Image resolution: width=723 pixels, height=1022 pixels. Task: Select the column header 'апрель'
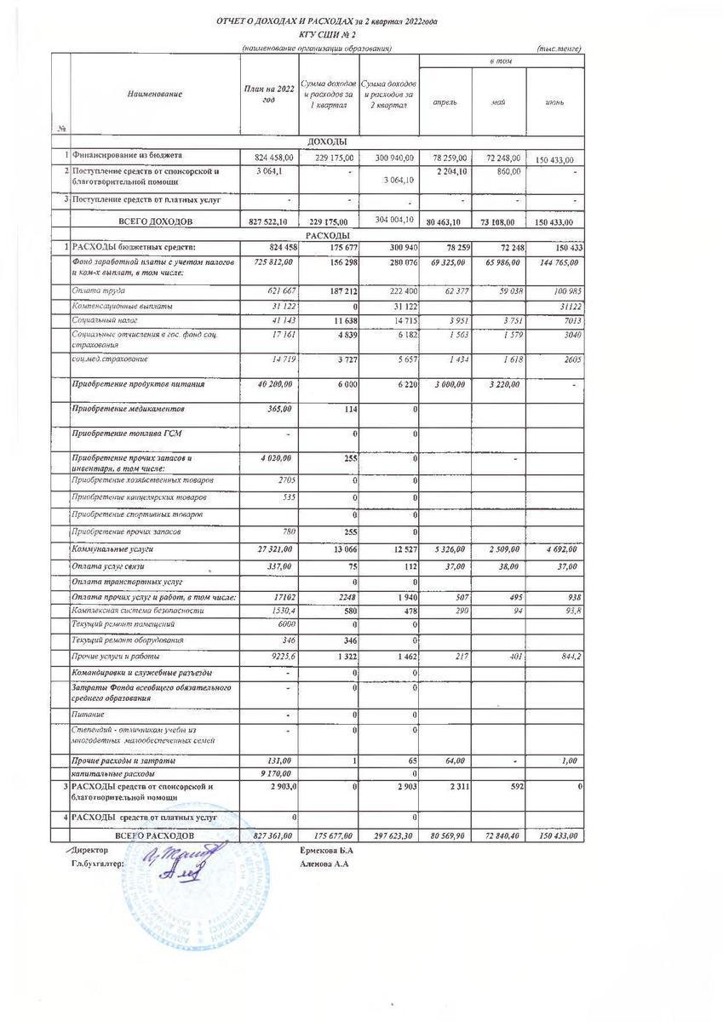[446, 102]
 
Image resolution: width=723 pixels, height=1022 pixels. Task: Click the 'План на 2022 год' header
[269, 96]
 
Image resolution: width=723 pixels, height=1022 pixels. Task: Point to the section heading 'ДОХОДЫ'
[327, 141]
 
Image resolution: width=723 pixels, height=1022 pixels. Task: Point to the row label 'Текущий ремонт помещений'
[118, 624]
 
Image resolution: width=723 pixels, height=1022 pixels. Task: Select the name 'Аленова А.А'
[325, 864]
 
